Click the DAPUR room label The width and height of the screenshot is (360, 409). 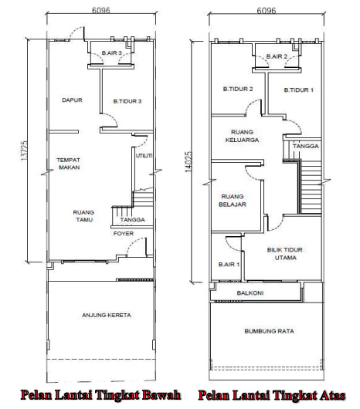click(x=72, y=100)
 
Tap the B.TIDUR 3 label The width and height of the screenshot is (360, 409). click(x=127, y=101)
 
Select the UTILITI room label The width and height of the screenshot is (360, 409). click(x=144, y=156)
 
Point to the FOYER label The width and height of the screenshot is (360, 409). click(x=124, y=234)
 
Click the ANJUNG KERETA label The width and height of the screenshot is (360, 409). click(x=107, y=315)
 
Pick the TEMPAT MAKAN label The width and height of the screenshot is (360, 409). click(x=69, y=164)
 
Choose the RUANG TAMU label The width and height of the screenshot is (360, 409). click(x=83, y=216)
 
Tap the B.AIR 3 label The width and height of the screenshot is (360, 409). click(x=112, y=53)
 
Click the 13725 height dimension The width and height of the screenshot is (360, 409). click(x=24, y=150)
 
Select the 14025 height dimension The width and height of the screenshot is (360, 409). click(x=188, y=162)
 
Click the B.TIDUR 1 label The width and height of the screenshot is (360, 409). click(x=299, y=90)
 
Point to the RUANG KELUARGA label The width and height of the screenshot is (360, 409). click(x=242, y=136)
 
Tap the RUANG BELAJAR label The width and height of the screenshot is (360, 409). click(x=233, y=201)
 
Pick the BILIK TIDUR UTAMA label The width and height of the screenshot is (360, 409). click(x=285, y=254)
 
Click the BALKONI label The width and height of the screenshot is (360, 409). click(x=250, y=293)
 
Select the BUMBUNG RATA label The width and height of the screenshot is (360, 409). click(x=269, y=331)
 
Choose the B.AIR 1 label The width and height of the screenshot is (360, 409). click(x=229, y=265)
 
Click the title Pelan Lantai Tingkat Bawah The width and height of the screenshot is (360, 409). click(x=100, y=395)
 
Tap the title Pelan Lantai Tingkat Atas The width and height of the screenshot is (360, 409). click(x=272, y=395)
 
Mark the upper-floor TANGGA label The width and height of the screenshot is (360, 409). click(x=306, y=146)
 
